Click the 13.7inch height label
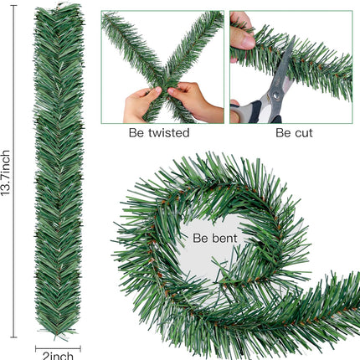pyautogui.click(x=6, y=173)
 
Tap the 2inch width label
pyautogui.click(x=58, y=356)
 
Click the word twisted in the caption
pyautogui.click(x=169, y=132)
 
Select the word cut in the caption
pyautogui.click(x=303, y=133)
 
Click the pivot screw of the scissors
pyautogui.click(x=276, y=95)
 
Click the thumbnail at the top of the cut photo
pyautogui.click(x=248, y=41)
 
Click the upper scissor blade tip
pyautogui.click(x=294, y=36)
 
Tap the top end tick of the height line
pyautogui.click(x=14, y=5)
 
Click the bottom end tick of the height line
pyautogui.click(x=14, y=337)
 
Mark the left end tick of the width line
pyautogui.click(x=36, y=348)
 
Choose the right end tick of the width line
pyautogui.click(x=80, y=348)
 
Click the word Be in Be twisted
pyautogui.click(x=136, y=133)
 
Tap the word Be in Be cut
pyautogui.click(x=283, y=133)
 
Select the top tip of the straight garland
pyautogui.click(x=59, y=7)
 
